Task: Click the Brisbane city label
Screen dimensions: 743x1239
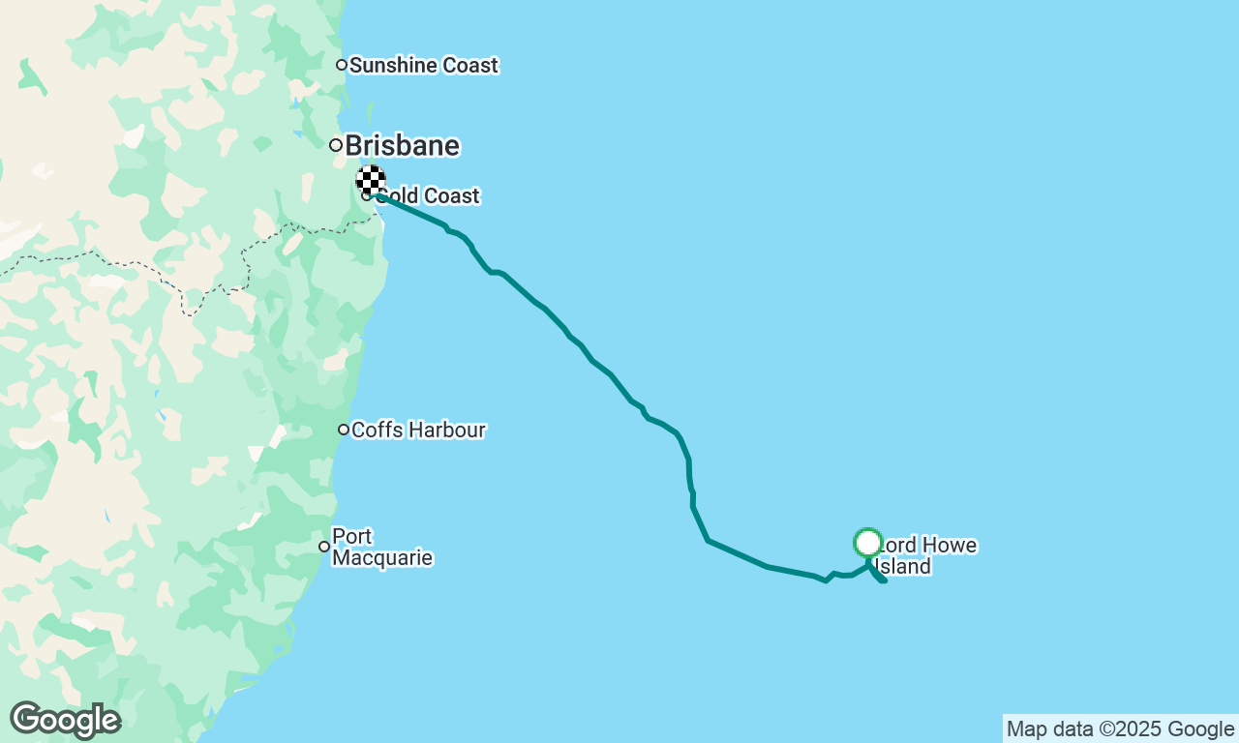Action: (402, 146)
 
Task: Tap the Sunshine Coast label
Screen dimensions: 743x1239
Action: (423, 66)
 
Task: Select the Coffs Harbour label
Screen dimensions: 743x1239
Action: (418, 430)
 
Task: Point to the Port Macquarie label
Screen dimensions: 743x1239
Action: (381, 548)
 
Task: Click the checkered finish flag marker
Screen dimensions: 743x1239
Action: (371, 180)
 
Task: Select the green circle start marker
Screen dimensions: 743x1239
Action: (868, 543)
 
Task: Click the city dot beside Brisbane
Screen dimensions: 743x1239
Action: (336, 145)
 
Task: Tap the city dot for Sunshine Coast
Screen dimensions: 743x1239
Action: (342, 65)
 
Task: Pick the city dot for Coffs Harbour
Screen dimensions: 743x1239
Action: (344, 430)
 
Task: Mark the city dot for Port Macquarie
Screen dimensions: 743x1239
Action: (324, 547)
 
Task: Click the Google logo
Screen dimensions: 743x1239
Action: (65, 721)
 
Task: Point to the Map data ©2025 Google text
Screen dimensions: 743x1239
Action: (1120, 729)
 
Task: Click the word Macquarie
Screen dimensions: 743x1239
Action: (381, 558)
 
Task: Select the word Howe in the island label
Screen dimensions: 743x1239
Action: (945, 546)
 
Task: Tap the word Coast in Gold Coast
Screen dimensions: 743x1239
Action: (452, 196)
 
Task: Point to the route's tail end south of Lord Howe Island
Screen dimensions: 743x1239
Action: (885, 580)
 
